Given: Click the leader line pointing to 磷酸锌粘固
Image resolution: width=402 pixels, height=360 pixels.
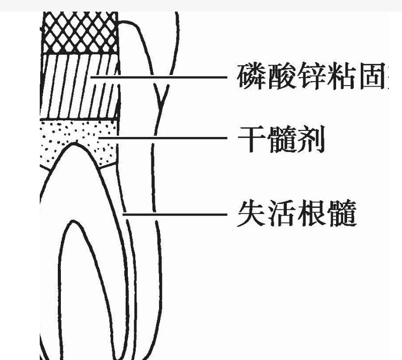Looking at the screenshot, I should (161, 77).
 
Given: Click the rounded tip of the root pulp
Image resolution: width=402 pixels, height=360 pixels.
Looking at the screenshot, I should (75, 144).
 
